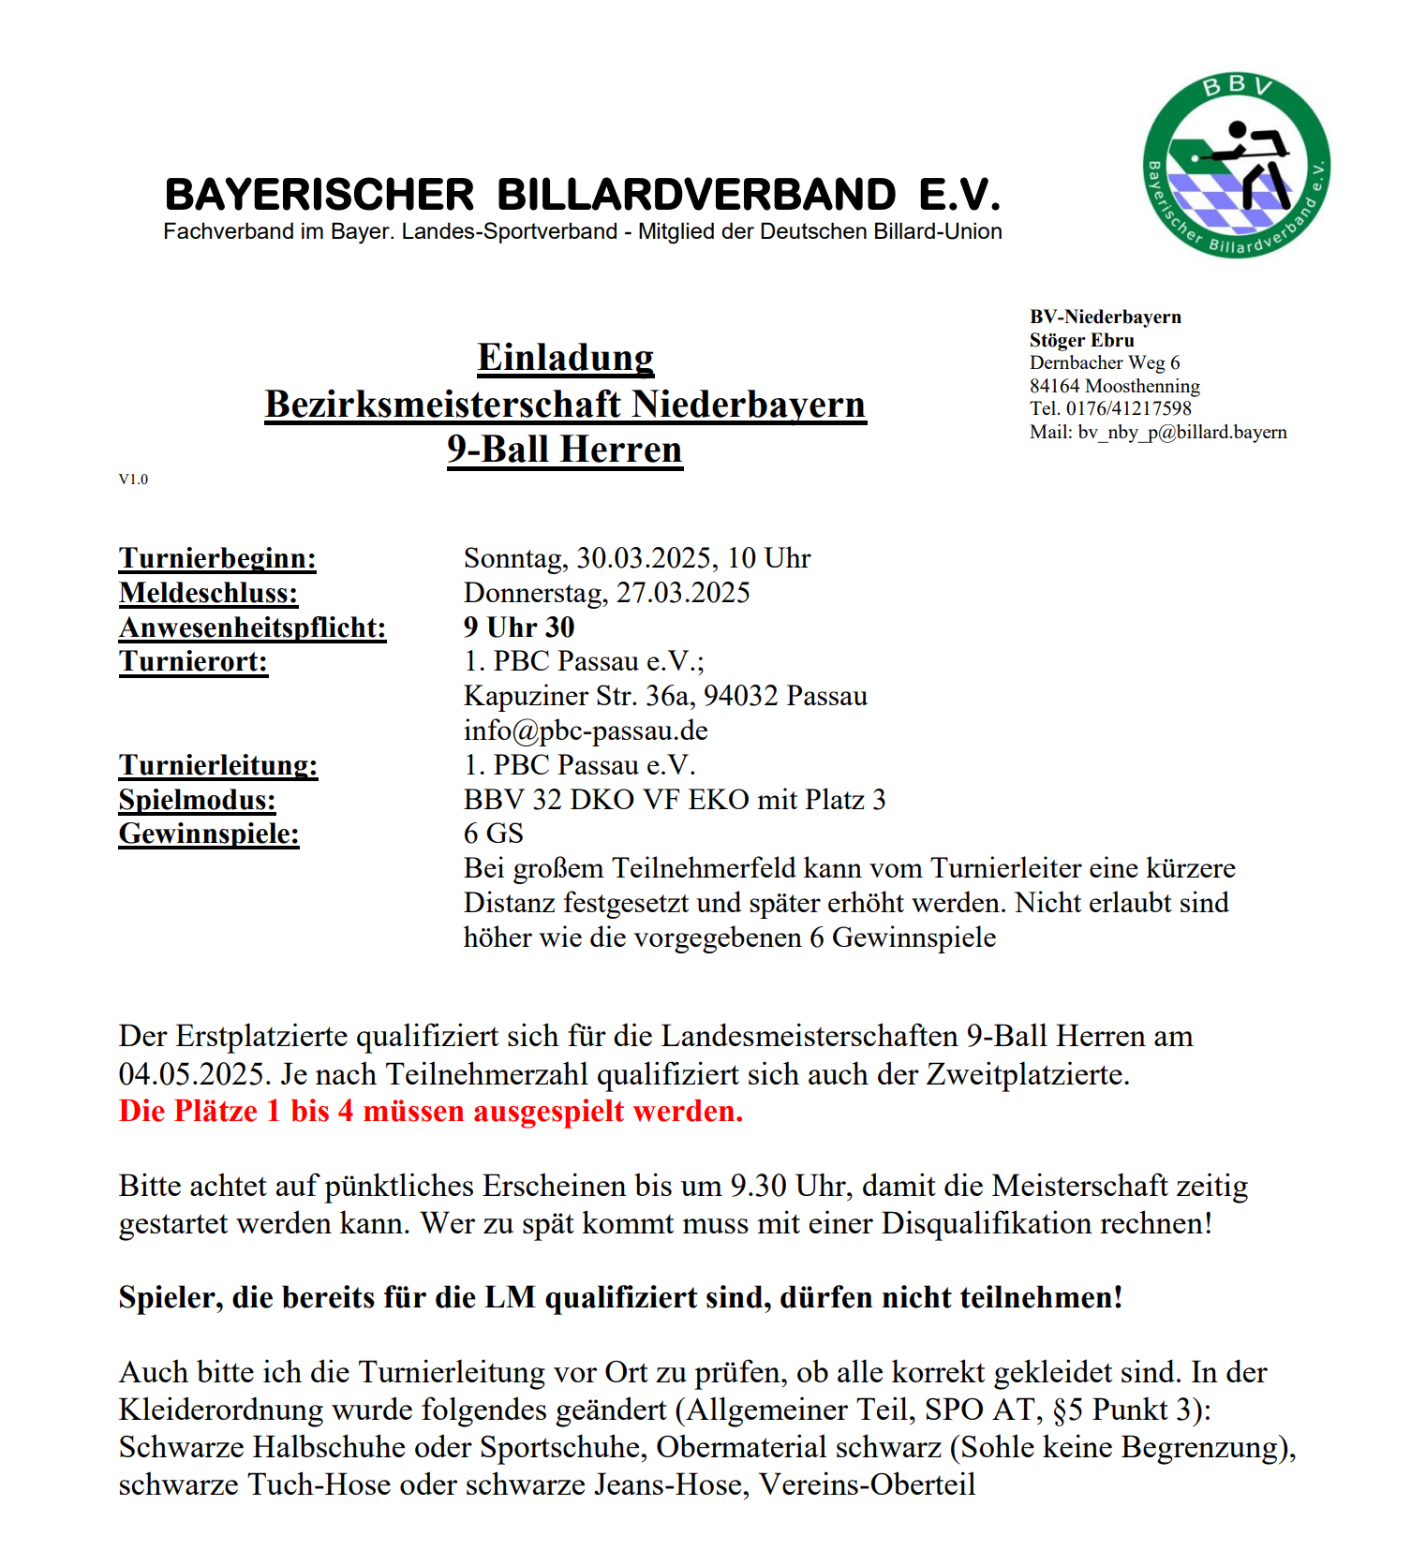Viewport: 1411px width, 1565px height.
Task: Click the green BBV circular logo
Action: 1236,166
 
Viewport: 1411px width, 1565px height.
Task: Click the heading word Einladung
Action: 565,358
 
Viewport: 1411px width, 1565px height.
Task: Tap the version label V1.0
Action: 133,480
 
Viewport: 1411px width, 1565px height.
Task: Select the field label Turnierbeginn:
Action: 217,558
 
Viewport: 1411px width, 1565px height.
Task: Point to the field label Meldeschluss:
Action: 208,593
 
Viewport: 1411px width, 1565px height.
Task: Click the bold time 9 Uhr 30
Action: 519,627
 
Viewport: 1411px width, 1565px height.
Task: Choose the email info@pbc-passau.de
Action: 586,731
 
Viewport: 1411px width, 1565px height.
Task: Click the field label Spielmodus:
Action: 198,800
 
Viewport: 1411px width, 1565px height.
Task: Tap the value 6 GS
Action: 494,834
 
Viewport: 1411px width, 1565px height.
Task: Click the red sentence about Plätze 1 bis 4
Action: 431,1112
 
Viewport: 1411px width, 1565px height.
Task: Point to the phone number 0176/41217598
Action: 1129,408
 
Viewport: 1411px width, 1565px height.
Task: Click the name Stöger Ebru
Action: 1081,340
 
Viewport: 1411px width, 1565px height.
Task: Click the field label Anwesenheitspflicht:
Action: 252,627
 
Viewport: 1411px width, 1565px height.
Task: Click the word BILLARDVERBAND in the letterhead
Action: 696,195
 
